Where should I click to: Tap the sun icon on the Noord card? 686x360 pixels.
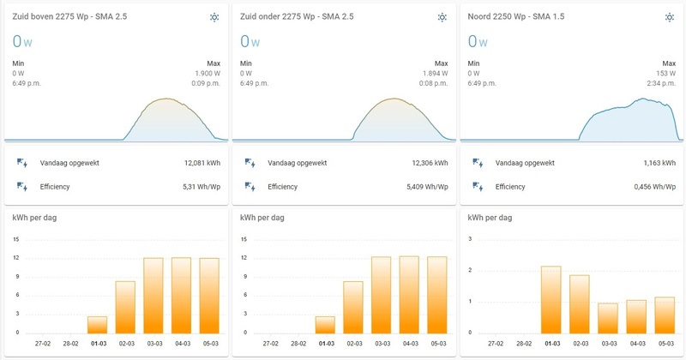click(x=669, y=17)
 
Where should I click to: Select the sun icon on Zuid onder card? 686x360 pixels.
click(x=442, y=17)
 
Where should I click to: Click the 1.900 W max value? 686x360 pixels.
click(x=208, y=74)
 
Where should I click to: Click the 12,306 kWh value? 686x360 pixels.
click(x=430, y=163)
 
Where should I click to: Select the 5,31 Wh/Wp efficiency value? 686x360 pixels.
click(x=202, y=185)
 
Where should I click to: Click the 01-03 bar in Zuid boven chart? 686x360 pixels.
click(x=98, y=324)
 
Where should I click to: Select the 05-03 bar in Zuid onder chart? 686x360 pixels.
click(x=436, y=294)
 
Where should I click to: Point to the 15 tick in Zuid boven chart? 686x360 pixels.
click(x=17, y=238)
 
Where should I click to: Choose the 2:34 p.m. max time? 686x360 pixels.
click(x=659, y=84)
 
